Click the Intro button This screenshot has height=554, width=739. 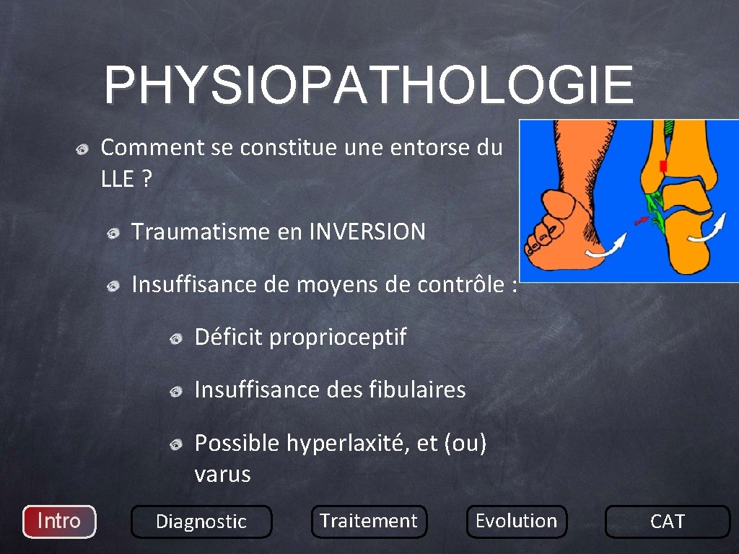pyautogui.click(x=59, y=521)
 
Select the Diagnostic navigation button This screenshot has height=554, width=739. pyautogui.click(x=201, y=522)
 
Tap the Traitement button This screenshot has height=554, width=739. pyautogui.click(x=369, y=521)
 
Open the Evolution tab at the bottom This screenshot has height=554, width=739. pyautogui.click(x=516, y=521)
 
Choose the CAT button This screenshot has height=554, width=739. pyautogui.click(x=667, y=522)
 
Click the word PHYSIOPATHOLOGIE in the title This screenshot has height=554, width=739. pyautogui.click(x=369, y=85)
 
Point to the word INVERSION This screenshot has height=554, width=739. pyautogui.click(x=367, y=232)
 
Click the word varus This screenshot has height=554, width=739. pyautogui.click(x=222, y=475)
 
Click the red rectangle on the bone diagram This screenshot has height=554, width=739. pyautogui.click(x=663, y=166)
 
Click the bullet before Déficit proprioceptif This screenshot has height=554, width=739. pyautogui.click(x=177, y=338)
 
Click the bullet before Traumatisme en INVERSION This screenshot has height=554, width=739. pyautogui.click(x=113, y=233)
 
